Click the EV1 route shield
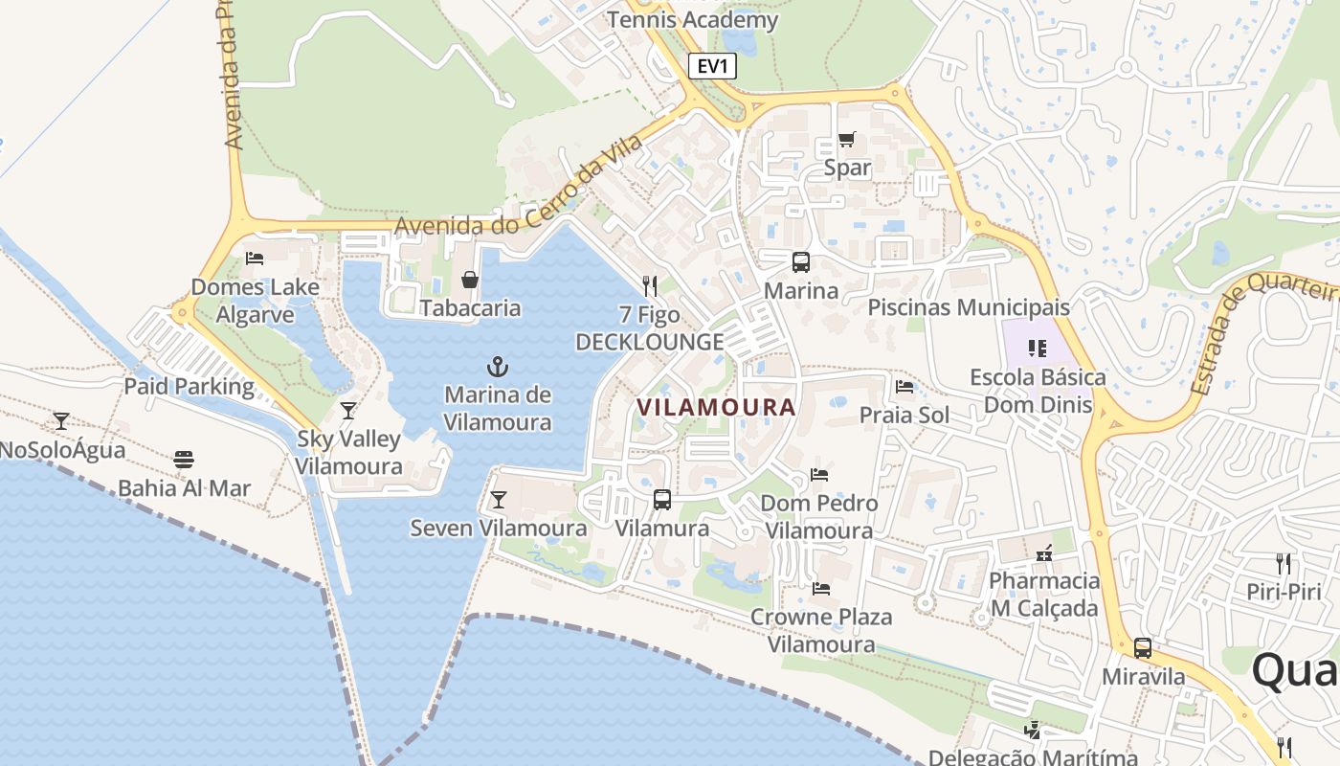tap(712, 66)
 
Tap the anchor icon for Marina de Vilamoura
tap(498, 367)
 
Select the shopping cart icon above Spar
tap(847, 140)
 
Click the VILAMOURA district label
tap(716, 407)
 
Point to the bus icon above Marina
tap(801, 261)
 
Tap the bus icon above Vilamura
tap(662, 499)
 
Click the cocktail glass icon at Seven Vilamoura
tap(498, 499)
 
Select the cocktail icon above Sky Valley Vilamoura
tap(348, 411)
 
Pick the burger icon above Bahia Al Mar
tap(184, 460)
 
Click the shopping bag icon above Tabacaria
tap(470, 280)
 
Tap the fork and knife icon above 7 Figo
tap(650, 285)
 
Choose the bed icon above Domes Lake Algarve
tap(255, 258)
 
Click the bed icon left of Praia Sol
tap(904, 387)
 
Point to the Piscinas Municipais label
tap(969, 307)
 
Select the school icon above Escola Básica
tap(1038, 349)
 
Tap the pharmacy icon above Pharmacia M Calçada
tap(1044, 553)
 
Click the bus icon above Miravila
tap(1143, 648)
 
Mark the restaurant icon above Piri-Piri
tap(1284, 563)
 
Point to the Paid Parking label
tap(190, 387)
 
